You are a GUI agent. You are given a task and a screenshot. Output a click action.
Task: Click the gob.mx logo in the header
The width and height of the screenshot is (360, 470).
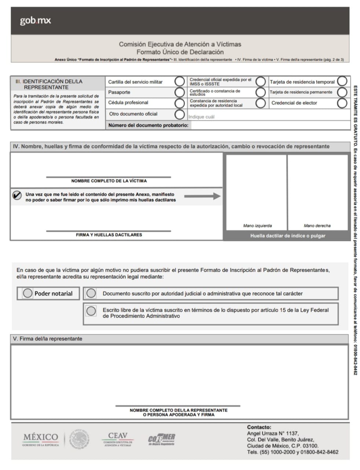point(35,21)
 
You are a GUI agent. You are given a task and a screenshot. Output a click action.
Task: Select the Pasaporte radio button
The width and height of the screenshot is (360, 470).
point(179,92)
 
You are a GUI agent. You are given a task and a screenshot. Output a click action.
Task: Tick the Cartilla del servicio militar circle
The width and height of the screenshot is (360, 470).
point(179,82)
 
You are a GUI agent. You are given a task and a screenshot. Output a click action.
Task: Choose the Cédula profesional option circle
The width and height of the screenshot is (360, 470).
point(179,103)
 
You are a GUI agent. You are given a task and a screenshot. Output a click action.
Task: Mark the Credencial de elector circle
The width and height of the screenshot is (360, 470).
point(342,103)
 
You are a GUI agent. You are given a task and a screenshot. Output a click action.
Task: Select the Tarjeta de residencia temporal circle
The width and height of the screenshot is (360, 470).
point(342,81)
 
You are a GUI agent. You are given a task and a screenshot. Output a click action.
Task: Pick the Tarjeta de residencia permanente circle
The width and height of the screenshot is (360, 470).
point(342,92)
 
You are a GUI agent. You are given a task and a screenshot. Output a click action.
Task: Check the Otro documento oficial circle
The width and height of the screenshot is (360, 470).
point(179,114)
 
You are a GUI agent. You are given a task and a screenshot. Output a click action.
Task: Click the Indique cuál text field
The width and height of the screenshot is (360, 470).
point(268,117)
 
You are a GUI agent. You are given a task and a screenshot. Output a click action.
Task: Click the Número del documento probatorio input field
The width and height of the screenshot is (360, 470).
point(270,125)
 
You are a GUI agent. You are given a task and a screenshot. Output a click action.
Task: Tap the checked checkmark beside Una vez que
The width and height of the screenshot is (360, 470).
point(17,195)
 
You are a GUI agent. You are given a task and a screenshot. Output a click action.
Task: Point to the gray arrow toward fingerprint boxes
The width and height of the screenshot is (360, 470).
point(202,196)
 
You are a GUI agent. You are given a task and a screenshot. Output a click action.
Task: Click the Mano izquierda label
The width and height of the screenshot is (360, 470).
point(257,225)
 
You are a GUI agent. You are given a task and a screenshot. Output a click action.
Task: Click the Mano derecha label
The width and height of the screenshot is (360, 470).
point(317,225)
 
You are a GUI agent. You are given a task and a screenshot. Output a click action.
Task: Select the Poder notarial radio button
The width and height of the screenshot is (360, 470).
point(28,293)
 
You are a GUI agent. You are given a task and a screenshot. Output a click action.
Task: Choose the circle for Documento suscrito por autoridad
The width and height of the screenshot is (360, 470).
point(91,293)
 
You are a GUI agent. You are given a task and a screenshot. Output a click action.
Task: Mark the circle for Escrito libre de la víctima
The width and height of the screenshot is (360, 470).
point(91,311)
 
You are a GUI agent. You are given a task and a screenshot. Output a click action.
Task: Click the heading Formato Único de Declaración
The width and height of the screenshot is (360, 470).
point(180,52)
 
